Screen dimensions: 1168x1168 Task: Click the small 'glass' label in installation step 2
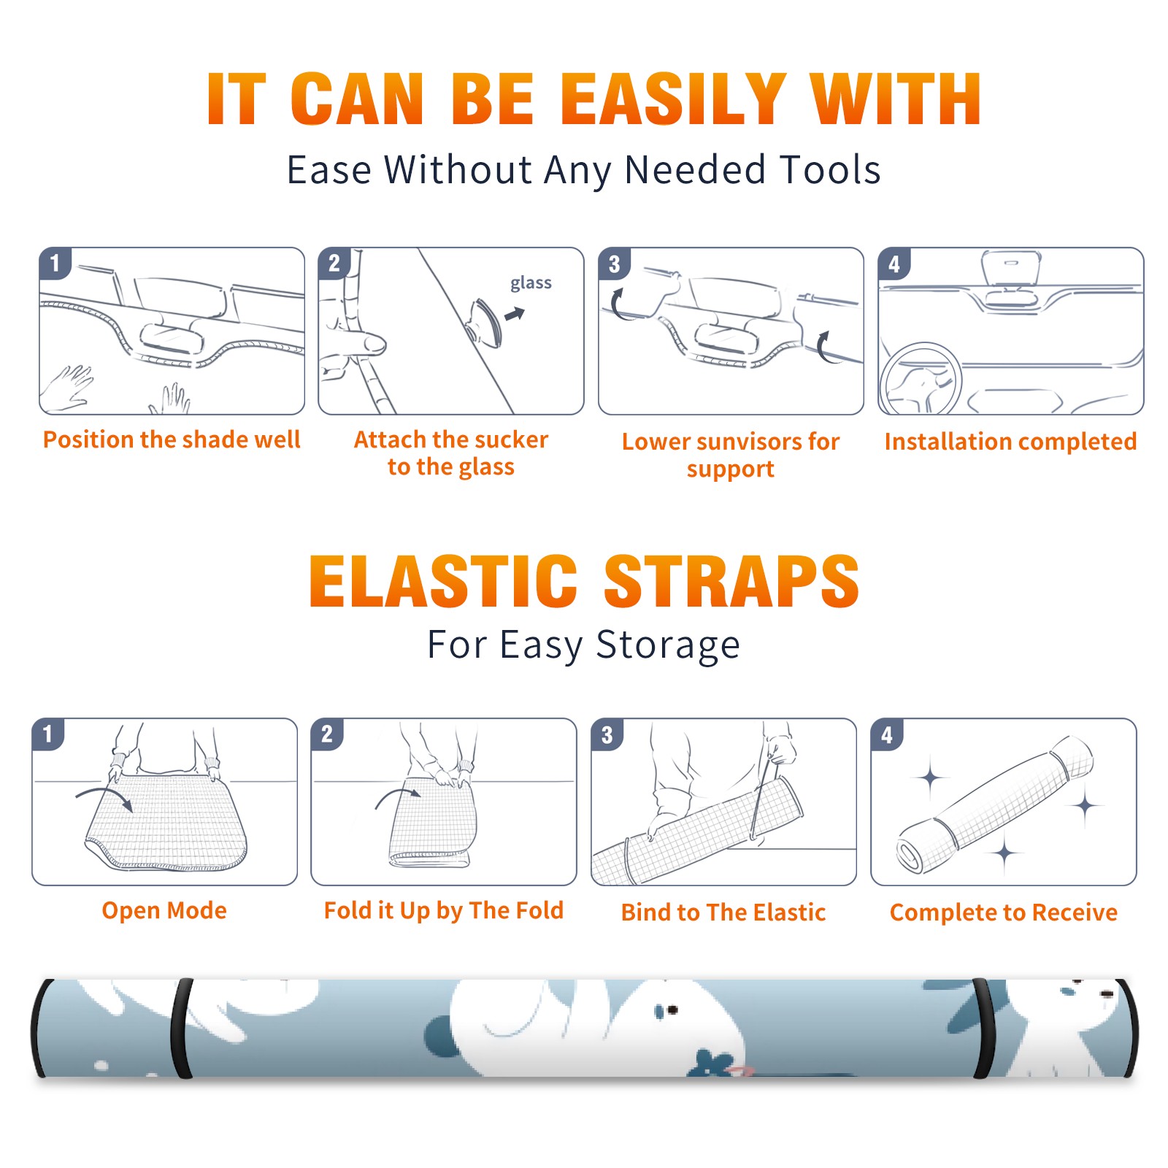click(531, 283)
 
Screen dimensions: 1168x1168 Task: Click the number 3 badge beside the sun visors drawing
click(614, 264)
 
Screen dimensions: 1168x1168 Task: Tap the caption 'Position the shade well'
click(172, 439)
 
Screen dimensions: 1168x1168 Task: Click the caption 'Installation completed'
click(1010, 441)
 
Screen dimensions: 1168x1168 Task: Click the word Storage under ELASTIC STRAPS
click(668, 645)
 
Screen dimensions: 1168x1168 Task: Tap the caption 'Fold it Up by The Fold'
click(444, 910)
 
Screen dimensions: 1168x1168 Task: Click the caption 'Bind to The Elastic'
click(723, 912)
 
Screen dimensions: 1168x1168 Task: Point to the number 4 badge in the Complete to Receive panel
click(887, 734)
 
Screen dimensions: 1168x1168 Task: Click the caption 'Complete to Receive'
click(1004, 912)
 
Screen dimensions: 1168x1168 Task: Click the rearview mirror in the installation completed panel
click(1010, 269)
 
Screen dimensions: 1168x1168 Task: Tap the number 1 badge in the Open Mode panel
click(48, 734)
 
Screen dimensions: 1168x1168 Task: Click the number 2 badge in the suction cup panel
click(334, 264)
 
